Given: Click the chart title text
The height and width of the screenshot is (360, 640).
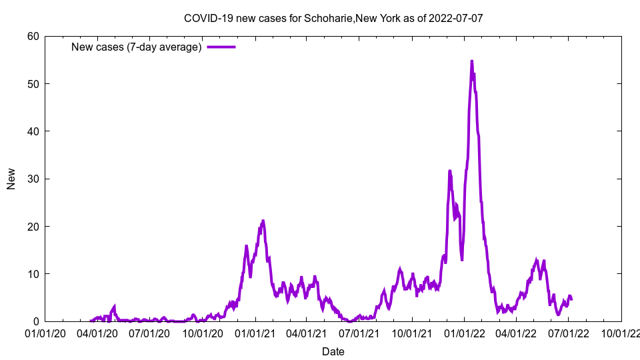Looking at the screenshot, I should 333,18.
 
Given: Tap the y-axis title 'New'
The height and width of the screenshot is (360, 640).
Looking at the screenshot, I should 11,179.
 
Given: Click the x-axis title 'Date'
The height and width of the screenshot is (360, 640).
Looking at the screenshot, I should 333,351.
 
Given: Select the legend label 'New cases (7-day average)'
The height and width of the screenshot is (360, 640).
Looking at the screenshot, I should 137,47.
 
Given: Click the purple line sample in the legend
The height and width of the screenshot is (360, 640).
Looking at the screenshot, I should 221,47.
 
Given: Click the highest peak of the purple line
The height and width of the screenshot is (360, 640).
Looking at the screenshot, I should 472,61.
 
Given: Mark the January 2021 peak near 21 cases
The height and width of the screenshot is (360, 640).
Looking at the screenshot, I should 263,221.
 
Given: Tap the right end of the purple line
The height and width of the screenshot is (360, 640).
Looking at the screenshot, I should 571,299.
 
